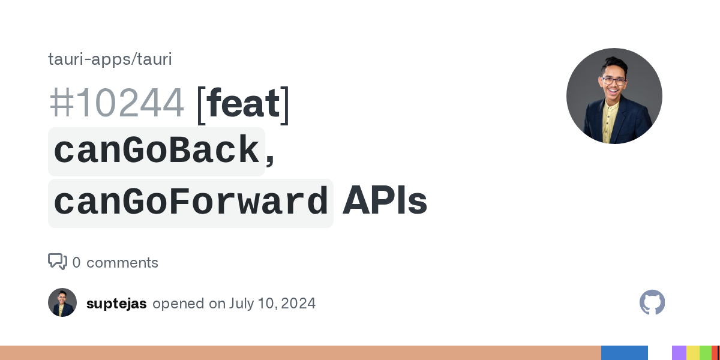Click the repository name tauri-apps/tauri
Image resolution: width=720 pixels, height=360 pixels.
[x=110, y=59]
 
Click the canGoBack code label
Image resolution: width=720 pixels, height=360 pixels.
[x=157, y=151]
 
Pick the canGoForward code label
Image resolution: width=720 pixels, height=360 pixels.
[x=191, y=203]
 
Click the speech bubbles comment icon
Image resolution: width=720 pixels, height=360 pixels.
[x=58, y=262]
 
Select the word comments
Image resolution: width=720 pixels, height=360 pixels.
[x=122, y=263]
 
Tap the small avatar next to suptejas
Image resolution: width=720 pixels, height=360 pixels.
[x=62, y=302]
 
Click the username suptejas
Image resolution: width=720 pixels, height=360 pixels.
[x=116, y=304]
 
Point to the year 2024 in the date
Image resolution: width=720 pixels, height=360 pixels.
[x=298, y=304]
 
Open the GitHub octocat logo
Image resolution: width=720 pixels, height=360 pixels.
[x=652, y=302]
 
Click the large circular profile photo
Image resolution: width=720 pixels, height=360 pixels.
[x=614, y=96]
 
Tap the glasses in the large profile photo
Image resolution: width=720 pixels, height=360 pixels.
[x=614, y=81]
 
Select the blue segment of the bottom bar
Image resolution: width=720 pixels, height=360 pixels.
[x=625, y=353]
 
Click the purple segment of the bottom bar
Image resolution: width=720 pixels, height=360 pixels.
[x=679, y=353]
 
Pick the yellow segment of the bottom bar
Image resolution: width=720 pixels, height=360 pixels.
[x=693, y=353]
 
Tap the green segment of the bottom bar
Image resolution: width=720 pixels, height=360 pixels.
[x=706, y=353]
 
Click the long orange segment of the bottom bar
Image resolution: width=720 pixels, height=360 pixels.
[x=301, y=353]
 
